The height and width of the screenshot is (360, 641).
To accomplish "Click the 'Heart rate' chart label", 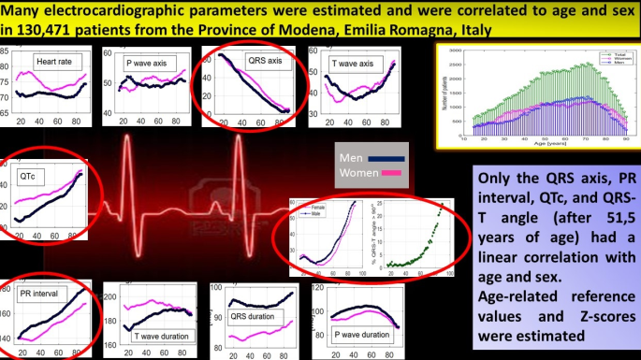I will click(52, 62).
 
